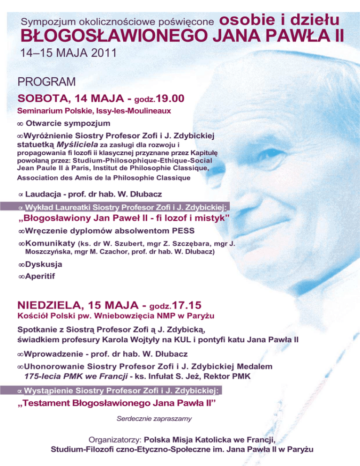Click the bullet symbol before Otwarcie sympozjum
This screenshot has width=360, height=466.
(20, 124)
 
